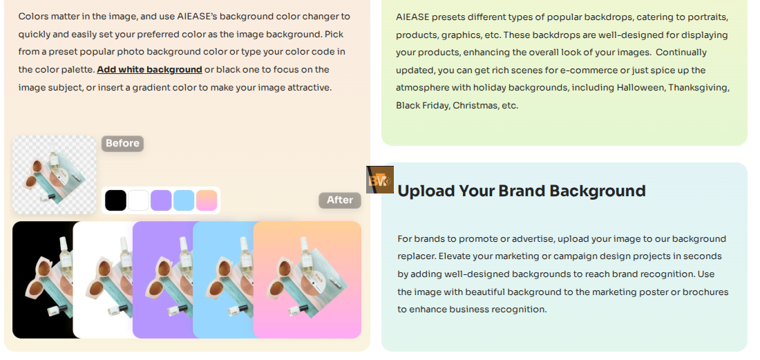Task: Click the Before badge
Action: tap(122, 144)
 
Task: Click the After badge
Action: tap(340, 200)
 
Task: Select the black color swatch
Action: tap(115, 200)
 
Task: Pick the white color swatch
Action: tap(138, 200)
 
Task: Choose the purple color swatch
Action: tap(161, 200)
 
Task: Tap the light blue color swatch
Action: tap(184, 200)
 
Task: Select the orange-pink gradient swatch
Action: tap(207, 200)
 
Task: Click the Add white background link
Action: tap(149, 70)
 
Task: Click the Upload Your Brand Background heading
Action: tap(522, 191)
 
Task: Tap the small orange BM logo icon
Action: tap(380, 180)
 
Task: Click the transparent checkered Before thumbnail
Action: tap(55, 175)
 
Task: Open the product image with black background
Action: tap(43, 280)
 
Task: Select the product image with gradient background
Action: tap(307, 280)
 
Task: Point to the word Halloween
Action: tap(638, 88)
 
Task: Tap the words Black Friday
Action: tap(422, 106)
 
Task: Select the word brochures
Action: tap(709, 292)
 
